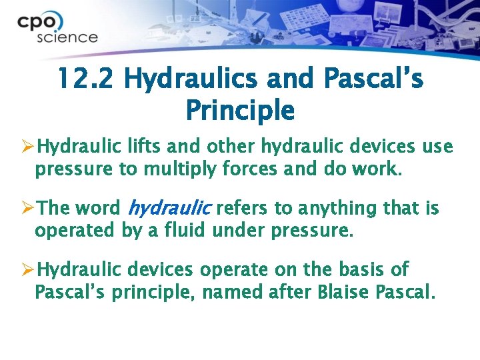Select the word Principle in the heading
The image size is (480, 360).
239,109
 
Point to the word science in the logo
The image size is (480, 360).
67,37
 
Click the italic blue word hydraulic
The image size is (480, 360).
169,209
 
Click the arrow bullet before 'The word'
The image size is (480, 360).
27,209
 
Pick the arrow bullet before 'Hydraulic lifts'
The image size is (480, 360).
27,147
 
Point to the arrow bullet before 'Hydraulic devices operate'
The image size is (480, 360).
27,270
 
